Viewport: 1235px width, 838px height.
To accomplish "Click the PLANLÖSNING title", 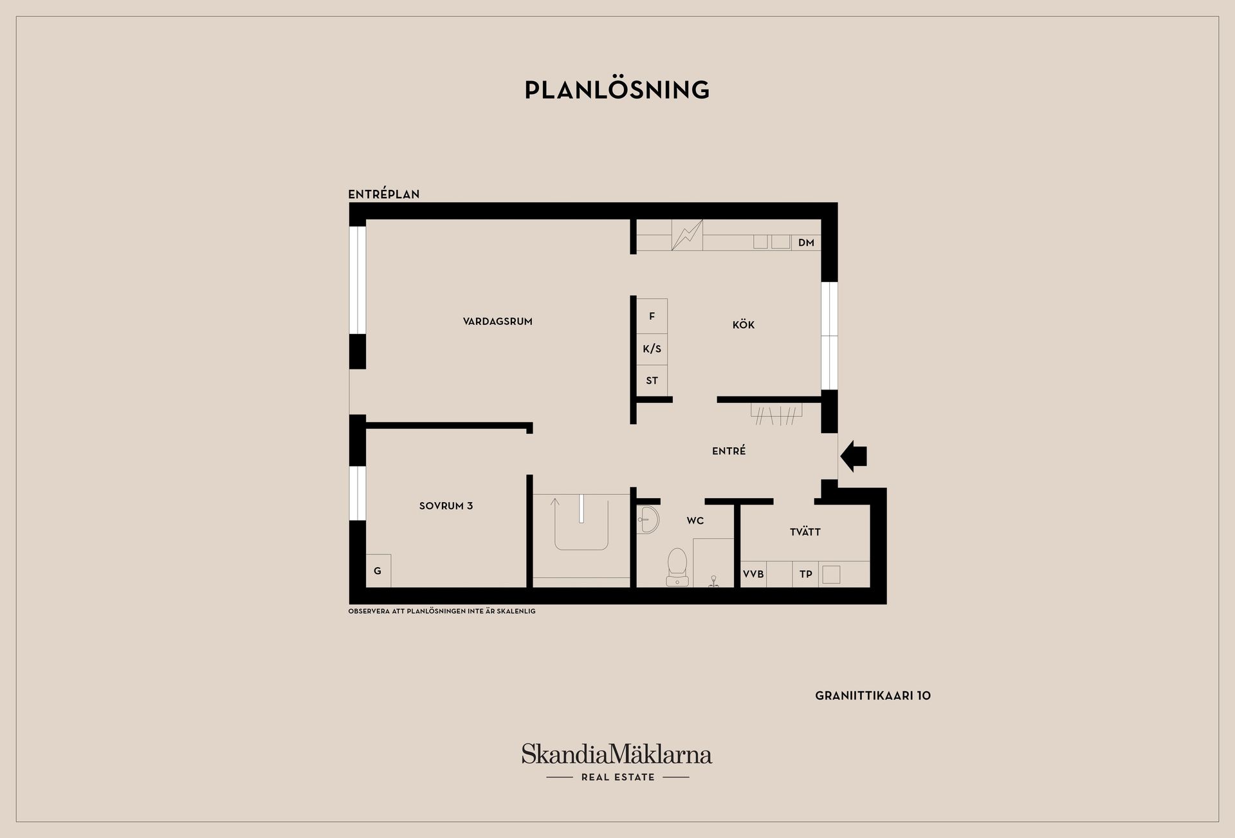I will (x=617, y=90).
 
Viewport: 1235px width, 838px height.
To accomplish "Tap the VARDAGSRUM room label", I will (x=497, y=322).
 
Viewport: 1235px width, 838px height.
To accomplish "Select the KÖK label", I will (x=743, y=325).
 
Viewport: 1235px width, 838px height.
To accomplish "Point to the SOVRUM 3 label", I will (x=446, y=506).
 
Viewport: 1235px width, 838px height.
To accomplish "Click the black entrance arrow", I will (x=854, y=456).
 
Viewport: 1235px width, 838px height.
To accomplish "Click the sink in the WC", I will (x=648, y=519).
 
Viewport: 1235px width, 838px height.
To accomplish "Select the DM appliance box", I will (x=806, y=243).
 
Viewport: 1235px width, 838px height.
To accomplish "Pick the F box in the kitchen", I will (x=652, y=316).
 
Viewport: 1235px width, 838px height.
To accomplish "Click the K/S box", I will (x=652, y=349).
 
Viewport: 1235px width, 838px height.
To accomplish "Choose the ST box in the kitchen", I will (x=652, y=380).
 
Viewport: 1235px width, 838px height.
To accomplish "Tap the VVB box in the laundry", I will (x=753, y=574).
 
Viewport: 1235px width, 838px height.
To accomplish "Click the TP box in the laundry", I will (x=805, y=574).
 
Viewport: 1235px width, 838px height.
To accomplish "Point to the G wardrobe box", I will (x=378, y=571).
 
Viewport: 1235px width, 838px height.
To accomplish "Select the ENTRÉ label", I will (x=729, y=451).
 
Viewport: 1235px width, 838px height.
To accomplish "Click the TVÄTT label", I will (x=805, y=532).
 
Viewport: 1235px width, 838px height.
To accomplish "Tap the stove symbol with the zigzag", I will (x=687, y=235).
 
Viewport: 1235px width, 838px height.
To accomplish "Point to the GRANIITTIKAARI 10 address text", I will (x=872, y=696).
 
